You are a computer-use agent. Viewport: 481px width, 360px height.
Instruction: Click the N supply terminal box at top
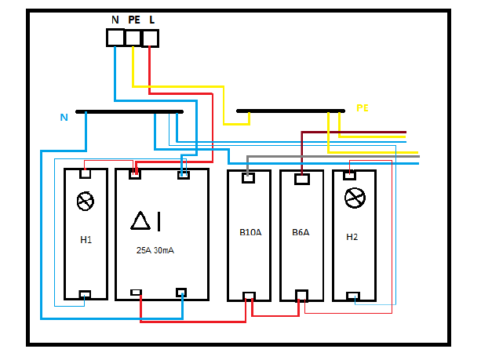coord(115,38)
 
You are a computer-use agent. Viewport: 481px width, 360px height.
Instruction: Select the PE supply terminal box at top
coord(133,38)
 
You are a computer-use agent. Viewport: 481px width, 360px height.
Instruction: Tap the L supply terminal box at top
coord(151,38)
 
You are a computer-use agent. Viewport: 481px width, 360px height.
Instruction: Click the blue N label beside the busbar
coord(64,117)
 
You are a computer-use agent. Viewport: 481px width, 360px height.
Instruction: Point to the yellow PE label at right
coord(363,108)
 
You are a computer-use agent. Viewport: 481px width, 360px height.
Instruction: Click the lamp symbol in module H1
coord(86,201)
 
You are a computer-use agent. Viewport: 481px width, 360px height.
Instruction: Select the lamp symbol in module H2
coord(355,198)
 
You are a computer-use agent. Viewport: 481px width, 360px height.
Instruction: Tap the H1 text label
coord(86,239)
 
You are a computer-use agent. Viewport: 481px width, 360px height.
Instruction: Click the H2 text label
coord(352,237)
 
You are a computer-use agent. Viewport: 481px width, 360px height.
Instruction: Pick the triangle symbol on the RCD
coord(140,220)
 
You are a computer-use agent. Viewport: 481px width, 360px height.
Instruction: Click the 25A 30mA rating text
coord(155,250)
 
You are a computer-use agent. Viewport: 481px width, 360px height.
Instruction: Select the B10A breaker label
coord(250,232)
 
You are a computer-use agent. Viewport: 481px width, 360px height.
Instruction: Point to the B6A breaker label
coord(301,232)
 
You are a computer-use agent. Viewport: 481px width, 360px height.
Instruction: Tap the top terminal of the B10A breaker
coord(248,178)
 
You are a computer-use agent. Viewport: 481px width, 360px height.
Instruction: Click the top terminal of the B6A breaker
coord(302,179)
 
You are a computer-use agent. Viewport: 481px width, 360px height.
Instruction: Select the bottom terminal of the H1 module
coord(85,294)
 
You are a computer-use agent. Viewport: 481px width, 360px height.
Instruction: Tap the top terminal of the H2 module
coord(349,176)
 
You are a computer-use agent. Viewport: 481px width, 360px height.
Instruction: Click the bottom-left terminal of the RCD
coord(136,293)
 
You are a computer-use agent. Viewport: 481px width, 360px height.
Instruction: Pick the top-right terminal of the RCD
coord(184,175)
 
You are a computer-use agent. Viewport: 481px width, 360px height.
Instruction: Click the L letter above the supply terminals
coord(152,20)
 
